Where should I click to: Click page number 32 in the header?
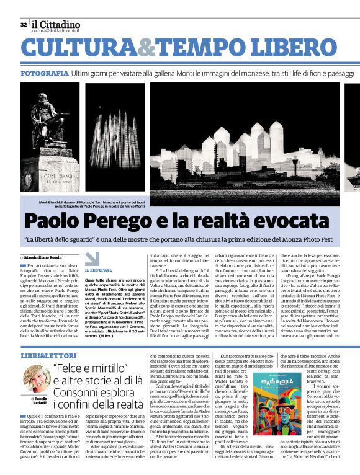click(24, 25)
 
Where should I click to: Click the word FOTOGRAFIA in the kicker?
click(44, 73)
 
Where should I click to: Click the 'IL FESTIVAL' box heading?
click(99, 270)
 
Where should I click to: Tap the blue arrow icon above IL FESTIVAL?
click(92, 259)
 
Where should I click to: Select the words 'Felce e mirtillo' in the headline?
click(84, 368)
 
